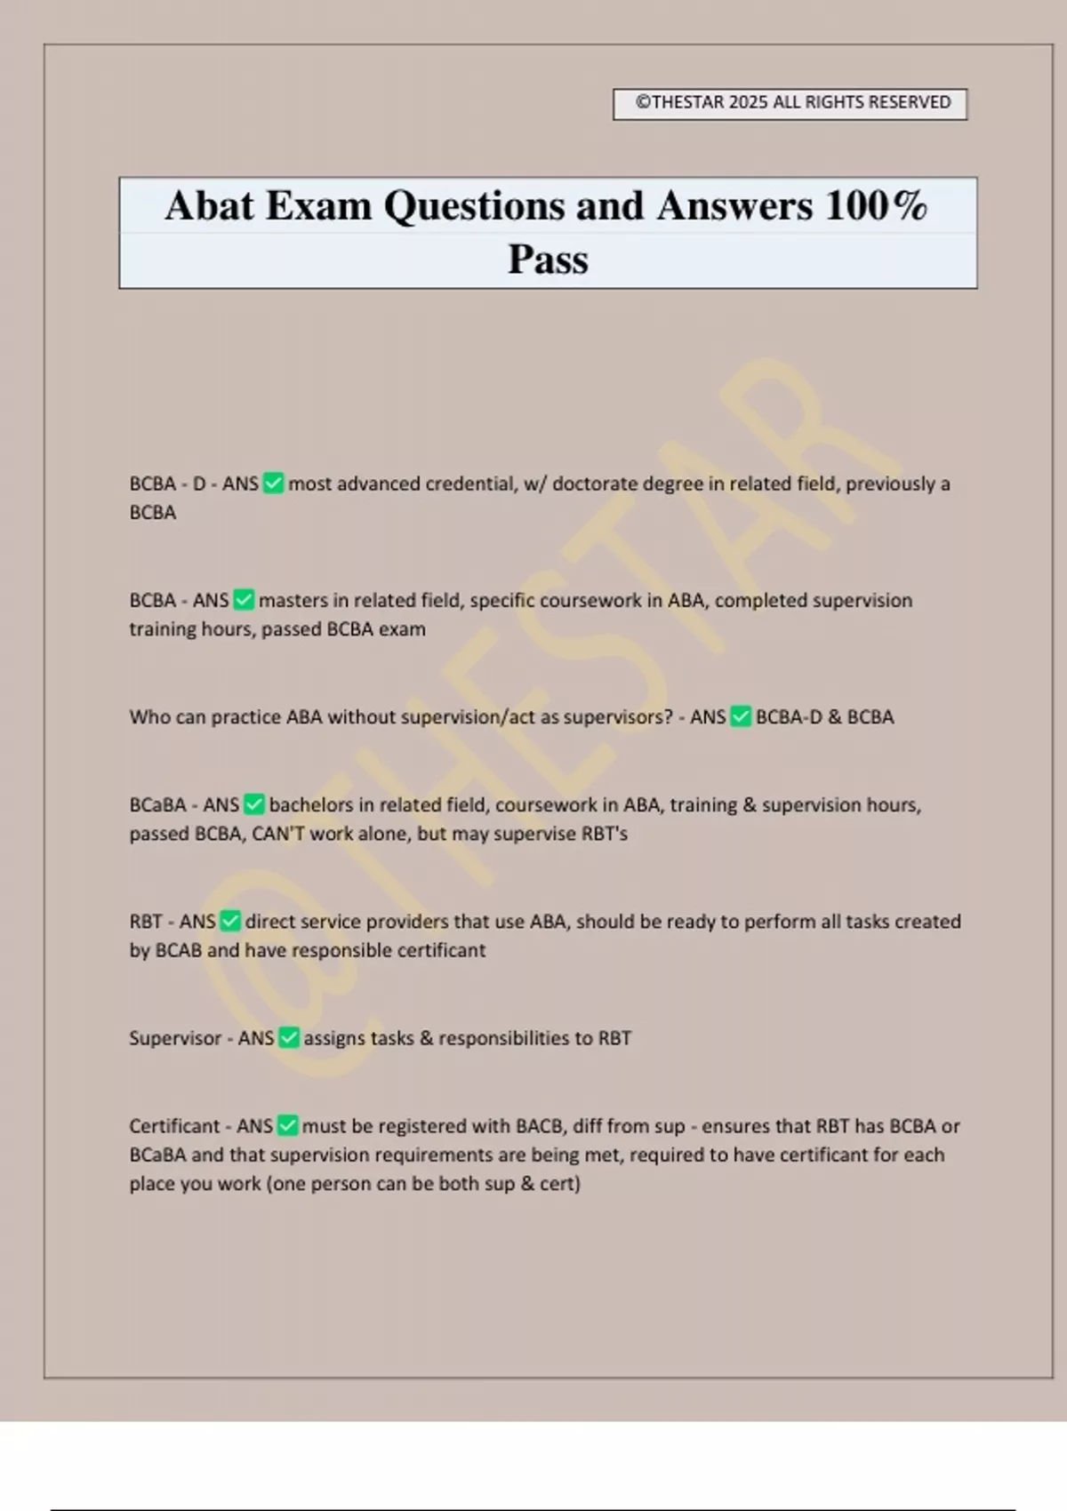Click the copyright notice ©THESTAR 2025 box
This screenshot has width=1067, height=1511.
(x=790, y=103)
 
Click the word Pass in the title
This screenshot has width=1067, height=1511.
(x=548, y=260)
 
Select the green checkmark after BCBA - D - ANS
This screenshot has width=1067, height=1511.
(x=274, y=484)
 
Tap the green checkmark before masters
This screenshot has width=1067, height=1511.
(x=244, y=600)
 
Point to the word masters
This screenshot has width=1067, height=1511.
(x=293, y=600)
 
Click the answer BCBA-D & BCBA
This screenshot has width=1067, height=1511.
(x=824, y=716)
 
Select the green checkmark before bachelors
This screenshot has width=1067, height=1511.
(x=254, y=804)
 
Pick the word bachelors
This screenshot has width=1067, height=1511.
(x=311, y=804)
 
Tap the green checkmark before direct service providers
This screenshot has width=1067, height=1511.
(x=230, y=921)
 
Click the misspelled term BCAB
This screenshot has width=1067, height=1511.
(x=179, y=950)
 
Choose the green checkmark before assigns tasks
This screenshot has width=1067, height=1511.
(x=289, y=1038)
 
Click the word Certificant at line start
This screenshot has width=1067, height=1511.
(x=174, y=1126)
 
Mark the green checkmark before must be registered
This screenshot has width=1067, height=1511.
(x=287, y=1126)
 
